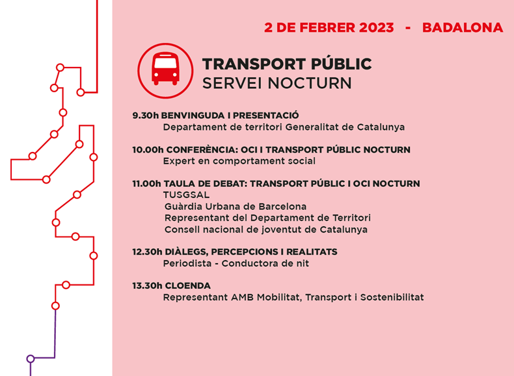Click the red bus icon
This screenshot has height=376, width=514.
165,69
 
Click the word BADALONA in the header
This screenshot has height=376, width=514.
463,28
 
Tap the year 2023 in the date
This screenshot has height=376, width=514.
376,28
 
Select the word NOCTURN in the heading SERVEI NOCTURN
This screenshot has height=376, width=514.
310,83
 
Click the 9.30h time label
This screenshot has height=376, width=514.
145,116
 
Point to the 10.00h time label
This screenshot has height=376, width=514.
148,150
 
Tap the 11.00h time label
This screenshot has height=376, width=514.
146,184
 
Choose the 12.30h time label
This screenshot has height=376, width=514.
147,252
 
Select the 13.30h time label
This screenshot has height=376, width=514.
147,286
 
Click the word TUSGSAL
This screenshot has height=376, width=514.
186,195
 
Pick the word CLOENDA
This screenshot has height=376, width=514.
188,286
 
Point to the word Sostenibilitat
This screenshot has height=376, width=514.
392,297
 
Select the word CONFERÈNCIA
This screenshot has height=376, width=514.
202,150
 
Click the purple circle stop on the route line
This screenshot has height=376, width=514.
31,358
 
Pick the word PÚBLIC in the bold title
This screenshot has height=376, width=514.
341,64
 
